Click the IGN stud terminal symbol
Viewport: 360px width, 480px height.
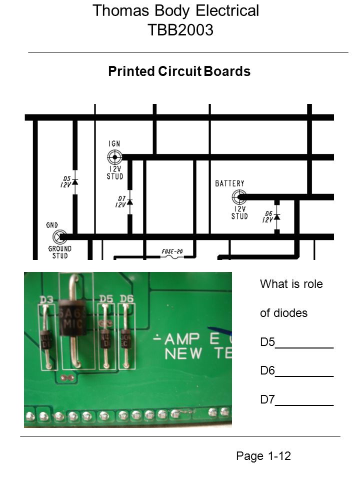[114, 157]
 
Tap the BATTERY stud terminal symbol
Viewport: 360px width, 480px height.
[239, 197]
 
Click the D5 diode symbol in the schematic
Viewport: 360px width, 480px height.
[75, 181]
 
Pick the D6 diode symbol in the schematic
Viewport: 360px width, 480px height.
[277, 216]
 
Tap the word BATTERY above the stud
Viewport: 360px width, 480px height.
[229, 183]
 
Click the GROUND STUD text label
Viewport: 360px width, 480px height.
[59, 252]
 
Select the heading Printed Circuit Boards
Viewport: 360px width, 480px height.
[179, 71]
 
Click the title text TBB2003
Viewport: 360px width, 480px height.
[180, 30]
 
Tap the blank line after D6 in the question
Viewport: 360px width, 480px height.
[304, 375]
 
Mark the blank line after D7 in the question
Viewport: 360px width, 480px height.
[304, 403]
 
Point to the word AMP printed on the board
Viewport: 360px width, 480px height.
[186, 338]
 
